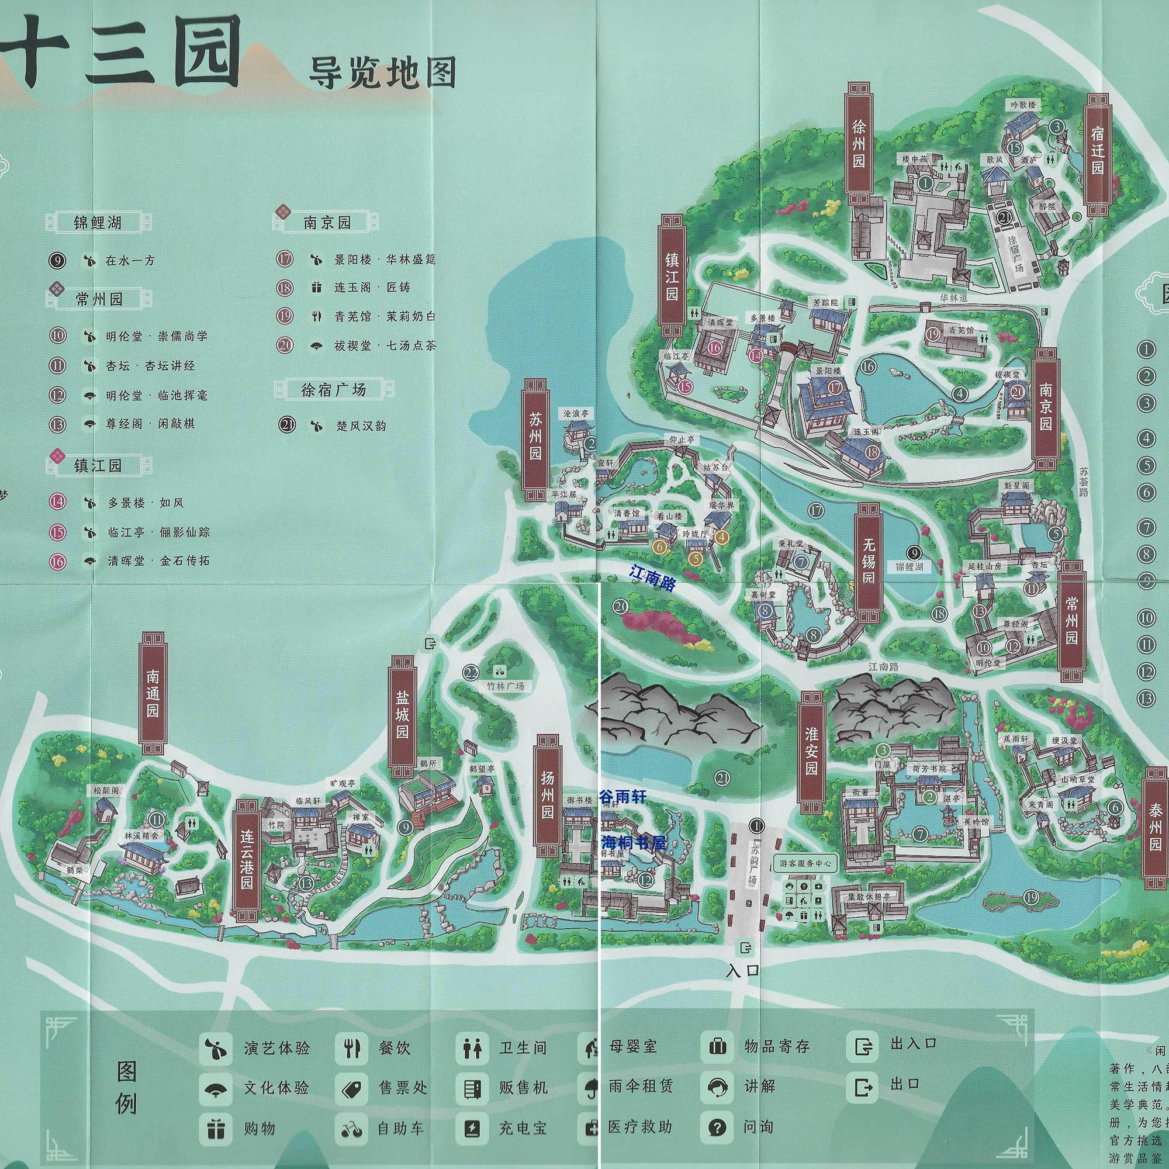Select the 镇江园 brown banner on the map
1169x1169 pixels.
coord(672,276)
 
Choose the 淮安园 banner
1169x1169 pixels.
coord(811,752)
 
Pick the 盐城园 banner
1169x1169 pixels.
coord(402,715)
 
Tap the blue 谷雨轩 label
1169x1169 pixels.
coord(622,797)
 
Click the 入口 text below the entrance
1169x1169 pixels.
coord(743,970)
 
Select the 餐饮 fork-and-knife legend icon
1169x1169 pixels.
coord(351,1048)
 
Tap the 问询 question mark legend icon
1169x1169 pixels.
coord(717,1127)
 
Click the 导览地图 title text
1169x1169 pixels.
coord(382,74)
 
